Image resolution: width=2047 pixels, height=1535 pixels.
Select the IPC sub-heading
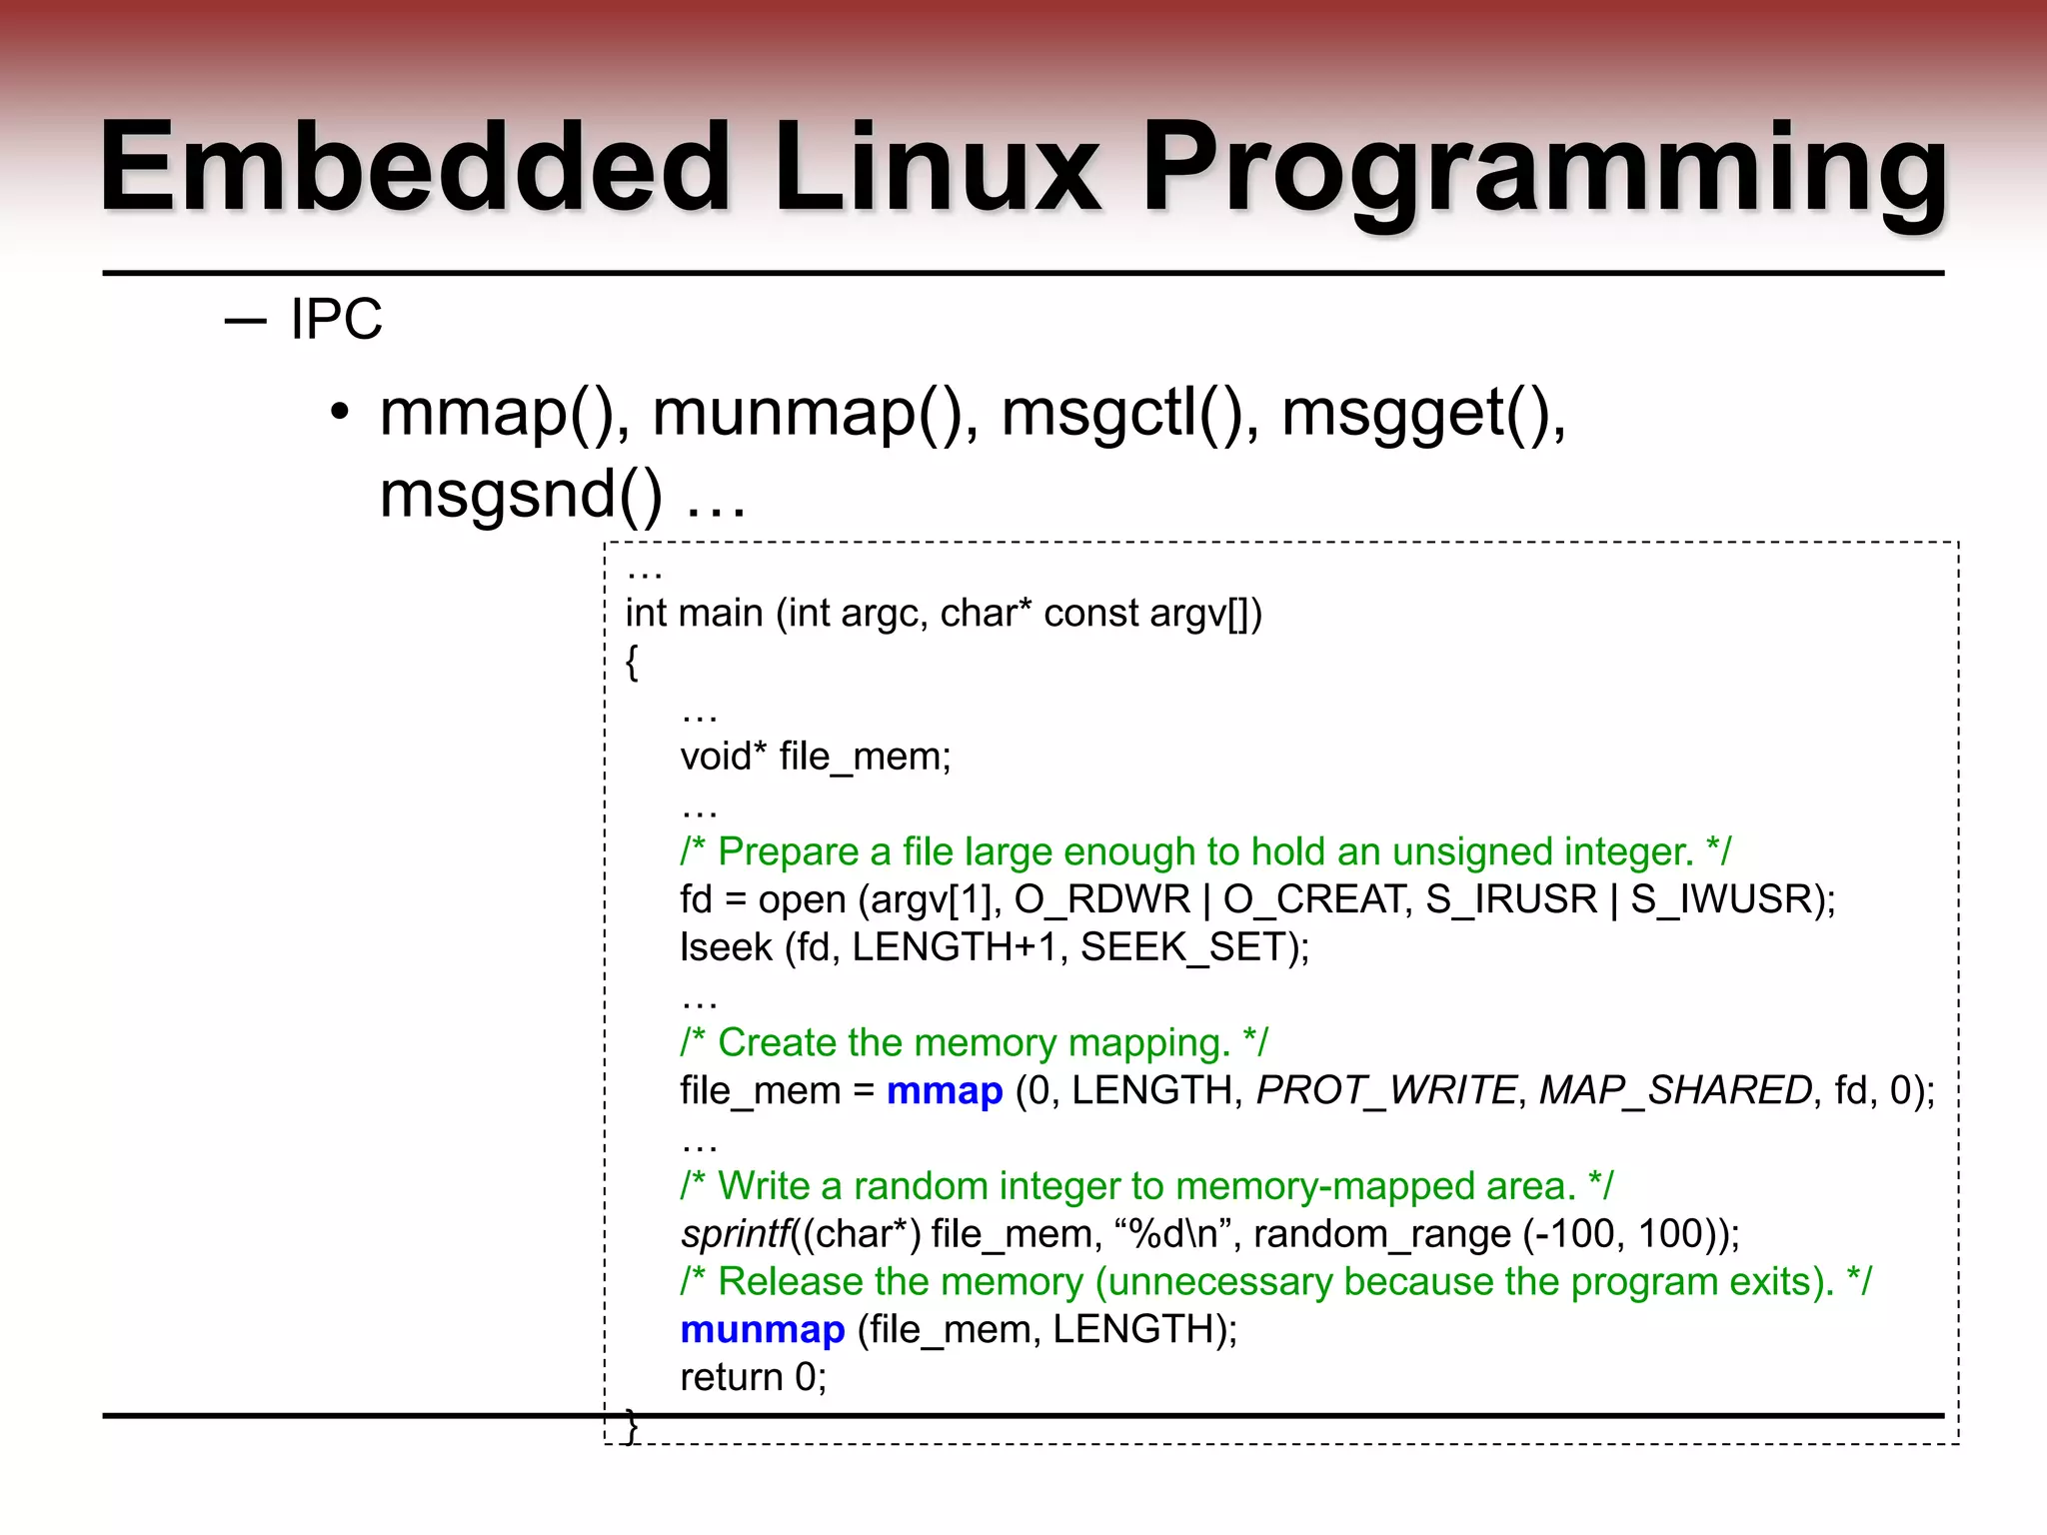336,320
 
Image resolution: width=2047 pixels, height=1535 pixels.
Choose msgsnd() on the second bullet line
521,495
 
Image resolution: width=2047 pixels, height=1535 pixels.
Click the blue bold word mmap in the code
945,1090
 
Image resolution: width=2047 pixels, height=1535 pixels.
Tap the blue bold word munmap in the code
763,1329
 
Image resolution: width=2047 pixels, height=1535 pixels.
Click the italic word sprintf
736,1234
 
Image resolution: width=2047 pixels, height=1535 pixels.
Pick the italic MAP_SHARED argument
1675,1090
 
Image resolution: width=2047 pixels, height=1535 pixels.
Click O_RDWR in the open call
1102,899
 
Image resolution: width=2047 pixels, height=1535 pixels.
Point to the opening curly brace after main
632,662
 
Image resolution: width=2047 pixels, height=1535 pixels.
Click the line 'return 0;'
754,1377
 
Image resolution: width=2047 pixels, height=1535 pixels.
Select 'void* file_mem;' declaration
816,757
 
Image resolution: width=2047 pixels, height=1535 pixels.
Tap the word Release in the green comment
790,1282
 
